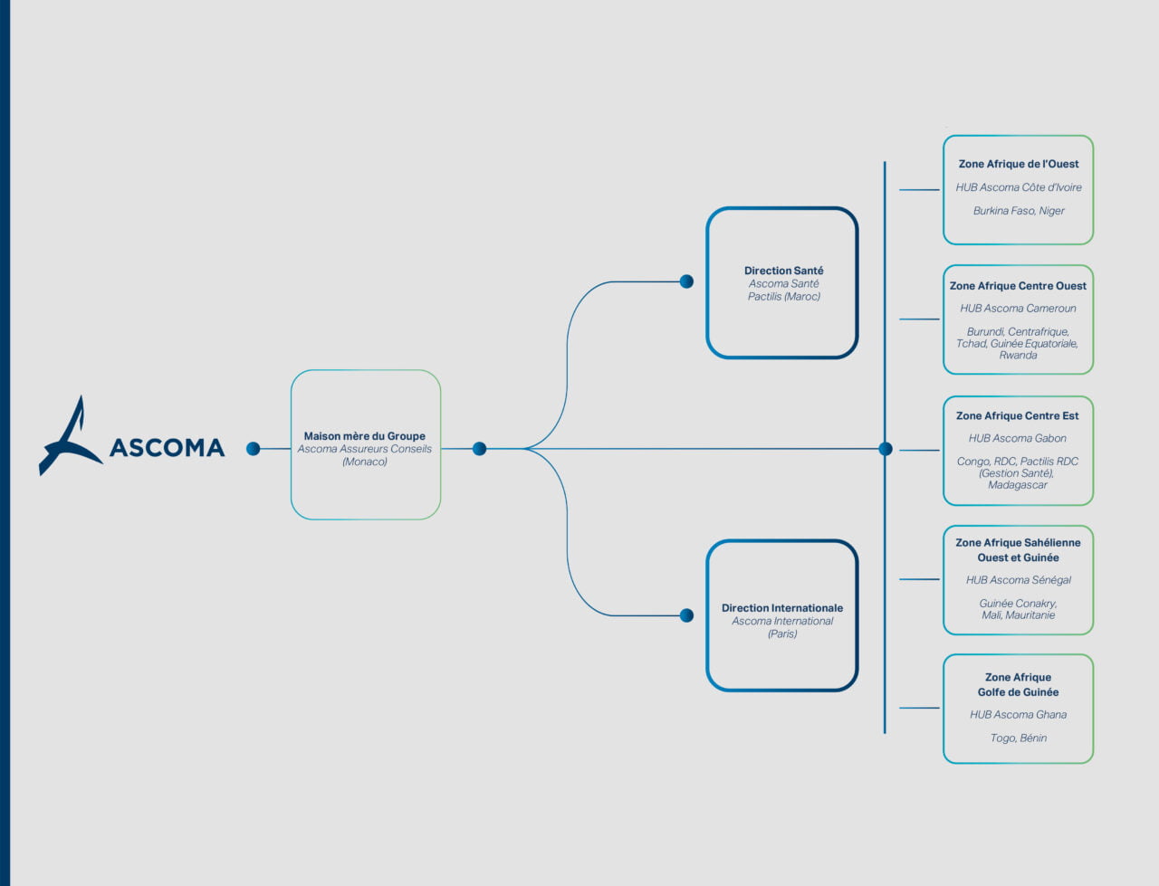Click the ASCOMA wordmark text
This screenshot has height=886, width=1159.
pos(167,448)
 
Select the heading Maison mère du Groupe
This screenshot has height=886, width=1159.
pos(365,436)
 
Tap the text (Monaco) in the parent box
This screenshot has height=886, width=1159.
pos(365,462)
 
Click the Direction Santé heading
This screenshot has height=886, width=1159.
pos(783,271)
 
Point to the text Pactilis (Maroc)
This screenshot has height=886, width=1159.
pos(783,296)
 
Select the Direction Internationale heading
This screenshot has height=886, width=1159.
pos(782,608)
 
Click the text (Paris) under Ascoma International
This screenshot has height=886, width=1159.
pos(782,634)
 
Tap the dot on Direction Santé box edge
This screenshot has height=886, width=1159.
pos(686,281)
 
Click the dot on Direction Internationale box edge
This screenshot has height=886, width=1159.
pos(686,615)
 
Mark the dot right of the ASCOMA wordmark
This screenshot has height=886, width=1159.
pos(254,449)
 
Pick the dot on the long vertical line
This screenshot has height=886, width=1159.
pos(886,449)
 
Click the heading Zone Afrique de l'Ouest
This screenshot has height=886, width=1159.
pos(1019,164)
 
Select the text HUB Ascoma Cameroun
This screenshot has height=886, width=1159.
pos(1018,309)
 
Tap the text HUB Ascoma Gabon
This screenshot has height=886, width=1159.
pos(1018,438)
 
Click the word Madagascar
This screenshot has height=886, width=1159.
pos(1018,485)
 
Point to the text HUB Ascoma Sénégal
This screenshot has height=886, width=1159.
pos(1018,580)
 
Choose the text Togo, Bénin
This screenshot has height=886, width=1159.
pos(1018,738)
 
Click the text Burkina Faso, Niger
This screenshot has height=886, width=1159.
pos(1019,211)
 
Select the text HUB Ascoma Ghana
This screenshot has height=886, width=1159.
pos(1018,714)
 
